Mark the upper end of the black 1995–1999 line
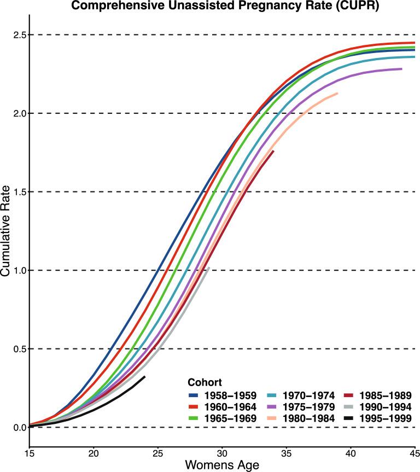(x=145, y=376)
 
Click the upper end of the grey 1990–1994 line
(x=209, y=267)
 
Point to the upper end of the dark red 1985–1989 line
(x=273, y=151)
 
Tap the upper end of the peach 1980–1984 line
(x=337, y=94)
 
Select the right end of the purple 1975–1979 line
(x=401, y=69)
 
